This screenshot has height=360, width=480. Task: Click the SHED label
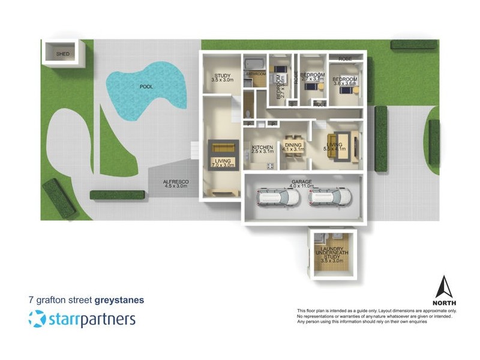pyautogui.click(x=62, y=54)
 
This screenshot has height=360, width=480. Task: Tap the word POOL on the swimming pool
pyautogui.click(x=146, y=87)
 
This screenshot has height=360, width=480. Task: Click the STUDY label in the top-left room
pyautogui.click(x=221, y=76)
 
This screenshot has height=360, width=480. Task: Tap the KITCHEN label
pyautogui.click(x=262, y=148)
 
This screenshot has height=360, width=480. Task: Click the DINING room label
pyautogui.click(x=293, y=145)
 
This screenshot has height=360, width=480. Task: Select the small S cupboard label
pyautogui.click(x=292, y=104)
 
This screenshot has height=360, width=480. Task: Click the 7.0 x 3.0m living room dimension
pyautogui.click(x=222, y=165)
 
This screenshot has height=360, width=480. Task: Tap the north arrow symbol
pyautogui.click(x=444, y=287)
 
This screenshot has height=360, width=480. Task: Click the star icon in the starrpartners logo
pyautogui.click(x=37, y=319)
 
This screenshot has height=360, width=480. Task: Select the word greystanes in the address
pyautogui.click(x=119, y=299)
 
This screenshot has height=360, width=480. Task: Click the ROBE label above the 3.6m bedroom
pyautogui.click(x=345, y=59)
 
